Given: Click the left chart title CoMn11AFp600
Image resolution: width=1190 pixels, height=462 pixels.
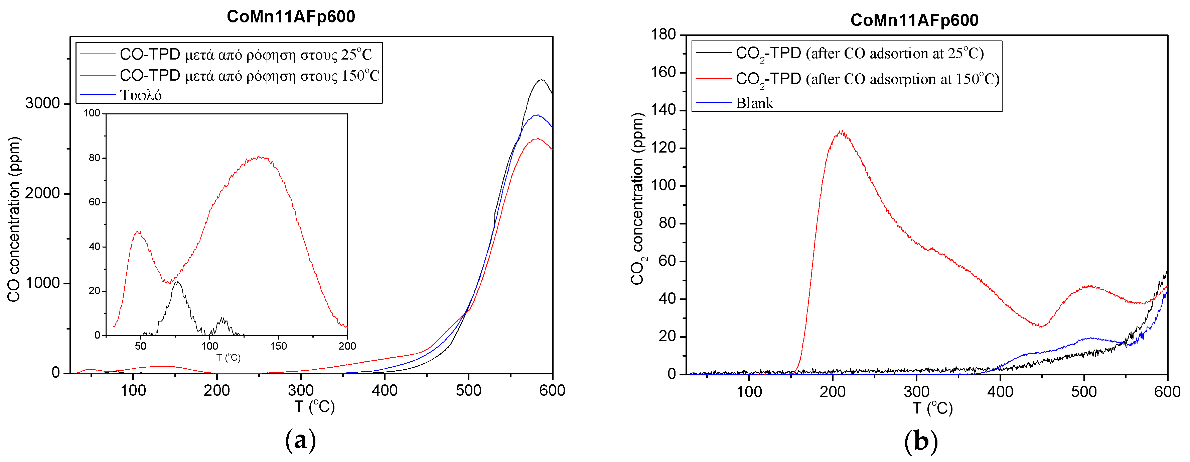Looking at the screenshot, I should click(x=291, y=17).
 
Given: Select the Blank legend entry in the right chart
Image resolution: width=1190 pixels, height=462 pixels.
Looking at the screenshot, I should click(x=754, y=103).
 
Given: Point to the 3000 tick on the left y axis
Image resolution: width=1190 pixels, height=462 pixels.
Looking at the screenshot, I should click(x=42, y=103).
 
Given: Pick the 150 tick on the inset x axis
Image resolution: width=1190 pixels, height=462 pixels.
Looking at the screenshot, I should click(x=278, y=346).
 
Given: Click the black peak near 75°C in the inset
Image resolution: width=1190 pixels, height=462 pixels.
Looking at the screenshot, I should click(x=176, y=282).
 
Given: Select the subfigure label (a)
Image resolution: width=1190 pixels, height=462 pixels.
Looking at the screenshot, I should click(x=300, y=440).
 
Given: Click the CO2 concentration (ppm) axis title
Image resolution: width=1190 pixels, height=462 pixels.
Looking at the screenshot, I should click(x=637, y=199).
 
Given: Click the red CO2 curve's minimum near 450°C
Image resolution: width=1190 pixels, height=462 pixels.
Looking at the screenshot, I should click(x=1040, y=326).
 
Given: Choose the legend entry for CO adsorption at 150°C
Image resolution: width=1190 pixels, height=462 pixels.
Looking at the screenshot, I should click(x=867, y=79).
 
